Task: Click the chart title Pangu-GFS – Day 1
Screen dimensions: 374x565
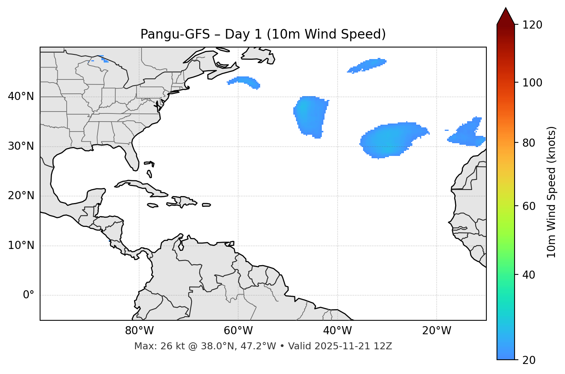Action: pyautogui.click(x=263, y=34)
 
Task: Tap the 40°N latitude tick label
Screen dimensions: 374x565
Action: pyautogui.click(x=21, y=96)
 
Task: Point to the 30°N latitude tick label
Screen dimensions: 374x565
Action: pyautogui.click(x=21, y=146)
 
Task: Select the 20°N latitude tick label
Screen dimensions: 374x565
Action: pyautogui.click(x=21, y=196)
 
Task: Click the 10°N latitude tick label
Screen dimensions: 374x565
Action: pyautogui.click(x=21, y=245)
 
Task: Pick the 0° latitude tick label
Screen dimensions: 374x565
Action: pyautogui.click(x=29, y=295)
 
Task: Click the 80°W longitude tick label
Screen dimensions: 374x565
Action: pyautogui.click(x=139, y=331)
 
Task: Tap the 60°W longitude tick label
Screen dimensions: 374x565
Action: pyautogui.click(x=238, y=331)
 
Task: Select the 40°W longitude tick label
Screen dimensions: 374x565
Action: pyautogui.click(x=337, y=331)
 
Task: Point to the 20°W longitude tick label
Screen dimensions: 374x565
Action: pyautogui.click(x=436, y=331)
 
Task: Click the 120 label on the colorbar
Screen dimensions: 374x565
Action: pyautogui.click(x=533, y=25)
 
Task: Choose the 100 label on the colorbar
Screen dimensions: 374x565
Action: pyautogui.click(x=533, y=83)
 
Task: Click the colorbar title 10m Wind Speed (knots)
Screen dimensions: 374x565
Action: pyautogui.click(x=552, y=192)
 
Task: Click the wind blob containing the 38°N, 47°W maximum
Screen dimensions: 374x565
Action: pyautogui.click(x=310, y=116)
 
